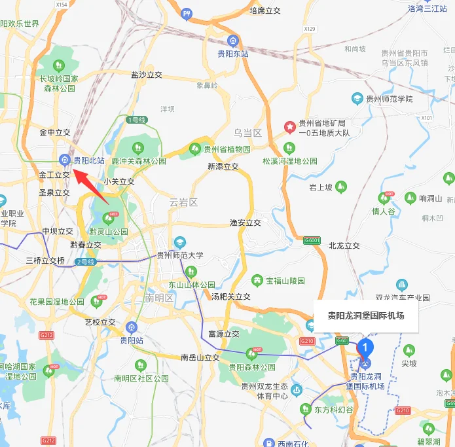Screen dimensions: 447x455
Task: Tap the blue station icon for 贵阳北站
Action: pyautogui.click(x=64, y=159)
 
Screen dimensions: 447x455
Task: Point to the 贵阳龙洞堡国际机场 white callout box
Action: pyautogui.click(x=365, y=316)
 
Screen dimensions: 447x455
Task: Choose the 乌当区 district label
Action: pyautogui.click(x=247, y=133)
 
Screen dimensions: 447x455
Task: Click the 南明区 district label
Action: pyautogui.click(x=159, y=298)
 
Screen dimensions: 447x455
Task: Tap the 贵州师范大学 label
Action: pyautogui.click(x=180, y=255)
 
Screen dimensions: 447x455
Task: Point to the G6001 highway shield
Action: pyautogui.click(x=312, y=241)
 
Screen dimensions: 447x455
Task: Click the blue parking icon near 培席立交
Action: pyautogui.click(x=187, y=13)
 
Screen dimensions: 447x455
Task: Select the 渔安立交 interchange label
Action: pyautogui.click(x=246, y=223)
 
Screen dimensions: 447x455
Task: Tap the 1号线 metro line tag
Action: pyautogui.click(x=136, y=120)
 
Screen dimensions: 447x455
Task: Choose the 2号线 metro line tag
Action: pyautogui.click(x=86, y=262)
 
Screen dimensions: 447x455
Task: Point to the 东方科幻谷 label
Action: pyautogui.click(x=333, y=410)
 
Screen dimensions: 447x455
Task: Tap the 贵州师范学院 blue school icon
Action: pyautogui.click(x=357, y=99)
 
